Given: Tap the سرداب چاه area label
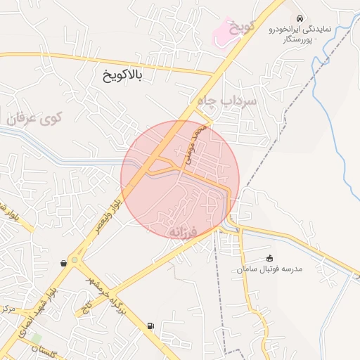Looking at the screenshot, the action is pyautogui.click(x=228, y=101).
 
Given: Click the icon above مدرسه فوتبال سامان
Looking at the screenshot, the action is pyautogui.click(x=270, y=258).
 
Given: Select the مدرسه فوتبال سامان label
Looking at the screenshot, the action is pyautogui.click(x=270, y=269).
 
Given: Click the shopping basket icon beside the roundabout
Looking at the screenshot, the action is pyautogui.click(x=64, y=263).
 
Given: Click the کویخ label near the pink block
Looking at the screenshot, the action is pyautogui.click(x=241, y=28).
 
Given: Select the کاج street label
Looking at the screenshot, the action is pyautogui.click(x=87, y=307).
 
